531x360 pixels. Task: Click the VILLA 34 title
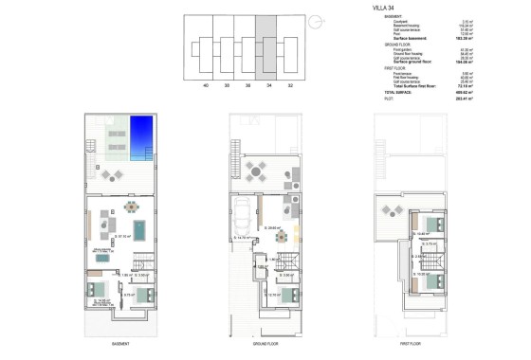pyautogui.click(x=357, y=9)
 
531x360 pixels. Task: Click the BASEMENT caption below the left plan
pyautogui.click(x=119, y=344)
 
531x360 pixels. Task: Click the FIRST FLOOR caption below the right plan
pyautogui.click(x=411, y=344)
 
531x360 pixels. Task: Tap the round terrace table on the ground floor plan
pyautogui.click(x=254, y=171)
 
